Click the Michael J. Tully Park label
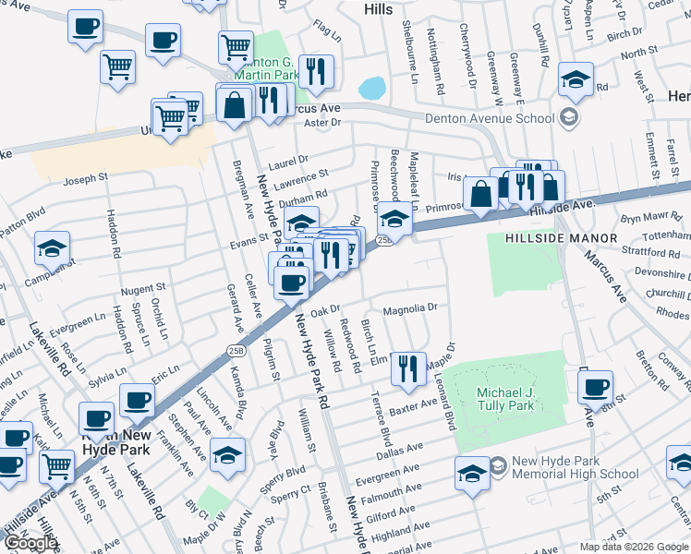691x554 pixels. click(x=505, y=399)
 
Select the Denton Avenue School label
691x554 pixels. click(x=489, y=117)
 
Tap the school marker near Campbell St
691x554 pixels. click(x=52, y=247)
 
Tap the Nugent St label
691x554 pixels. click(x=142, y=289)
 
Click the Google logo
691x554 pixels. click(x=29, y=543)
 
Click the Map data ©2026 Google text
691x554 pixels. click(x=634, y=547)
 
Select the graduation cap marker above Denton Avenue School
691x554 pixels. click(x=576, y=80)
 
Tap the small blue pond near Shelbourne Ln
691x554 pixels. click(x=371, y=88)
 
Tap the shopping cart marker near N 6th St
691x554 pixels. click(x=57, y=464)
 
